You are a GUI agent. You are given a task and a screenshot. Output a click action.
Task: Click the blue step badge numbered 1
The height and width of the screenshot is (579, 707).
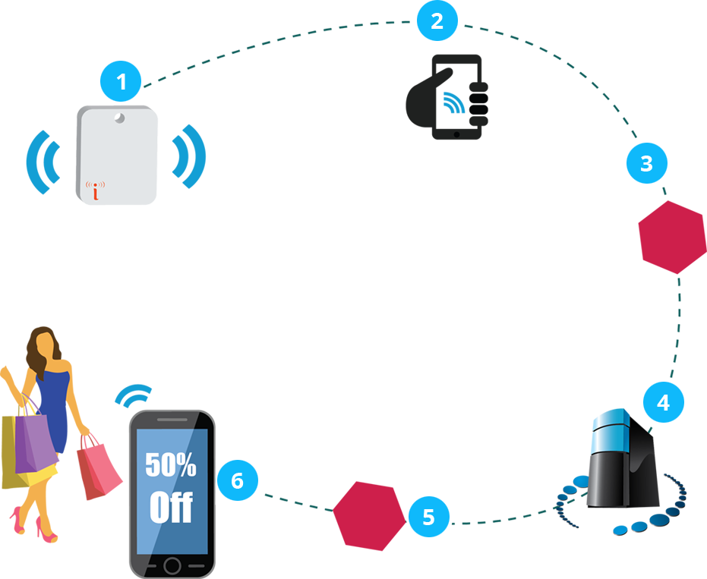point(121,81)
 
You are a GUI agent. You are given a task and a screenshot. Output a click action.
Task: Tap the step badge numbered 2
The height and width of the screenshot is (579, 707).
point(437,21)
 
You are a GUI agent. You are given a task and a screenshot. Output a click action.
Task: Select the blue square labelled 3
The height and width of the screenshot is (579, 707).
point(646,164)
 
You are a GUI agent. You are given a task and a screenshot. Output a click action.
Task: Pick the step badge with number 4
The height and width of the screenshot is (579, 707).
point(663,402)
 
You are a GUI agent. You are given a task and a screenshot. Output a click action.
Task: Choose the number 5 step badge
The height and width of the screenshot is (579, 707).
point(429,518)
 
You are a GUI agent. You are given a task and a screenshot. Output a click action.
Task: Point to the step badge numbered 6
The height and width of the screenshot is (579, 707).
point(237,480)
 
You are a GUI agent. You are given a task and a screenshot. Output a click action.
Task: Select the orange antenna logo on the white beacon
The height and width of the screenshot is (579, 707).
point(95,190)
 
